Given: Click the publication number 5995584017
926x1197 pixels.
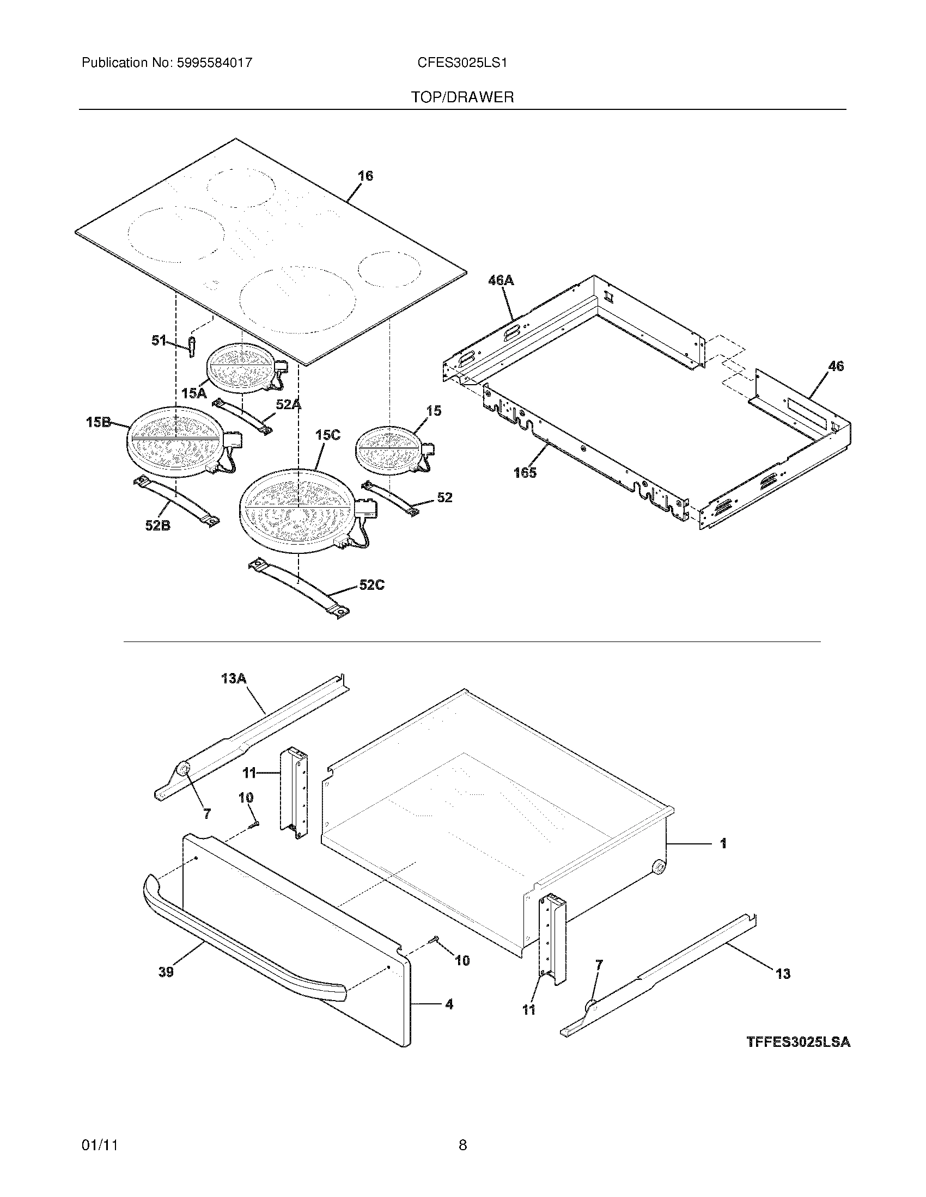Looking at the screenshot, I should pyautogui.click(x=214, y=63).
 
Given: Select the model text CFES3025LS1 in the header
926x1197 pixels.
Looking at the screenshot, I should pyautogui.click(x=462, y=63).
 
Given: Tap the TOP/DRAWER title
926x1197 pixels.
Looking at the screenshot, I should pyautogui.click(x=462, y=97).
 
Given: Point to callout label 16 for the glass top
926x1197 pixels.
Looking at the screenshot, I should pyautogui.click(x=365, y=176).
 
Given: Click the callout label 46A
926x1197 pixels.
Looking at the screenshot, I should pyautogui.click(x=501, y=281).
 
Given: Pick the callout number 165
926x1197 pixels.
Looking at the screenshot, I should pyautogui.click(x=525, y=472).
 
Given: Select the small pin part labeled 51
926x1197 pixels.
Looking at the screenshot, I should pyautogui.click(x=191, y=347).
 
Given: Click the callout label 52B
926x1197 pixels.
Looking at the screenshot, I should pyautogui.click(x=157, y=526).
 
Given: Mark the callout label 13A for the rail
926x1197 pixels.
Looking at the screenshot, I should pyautogui.click(x=234, y=678).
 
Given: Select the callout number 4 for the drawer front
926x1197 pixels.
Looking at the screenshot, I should pyautogui.click(x=449, y=1004).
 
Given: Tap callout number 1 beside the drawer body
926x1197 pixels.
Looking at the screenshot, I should pyautogui.click(x=723, y=843).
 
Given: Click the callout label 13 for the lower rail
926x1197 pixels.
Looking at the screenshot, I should pyautogui.click(x=783, y=973).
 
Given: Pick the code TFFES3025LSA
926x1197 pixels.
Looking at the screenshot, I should pyautogui.click(x=798, y=1042).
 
